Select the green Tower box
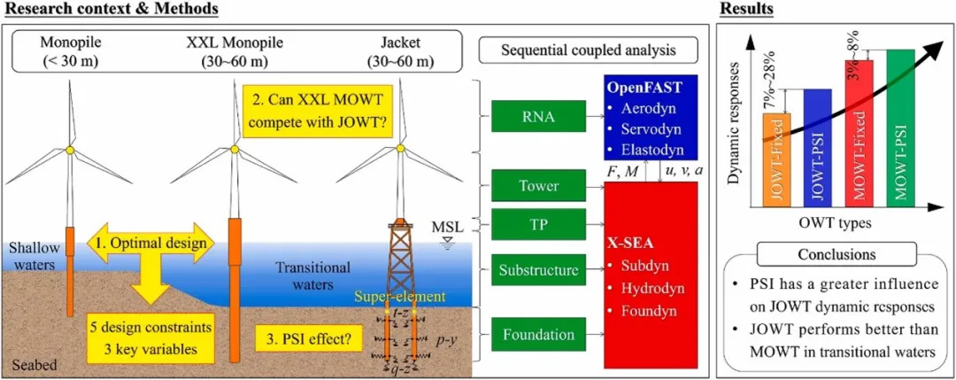tap(537, 186)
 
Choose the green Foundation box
tap(537, 335)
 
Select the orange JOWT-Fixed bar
tap(776, 167)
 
